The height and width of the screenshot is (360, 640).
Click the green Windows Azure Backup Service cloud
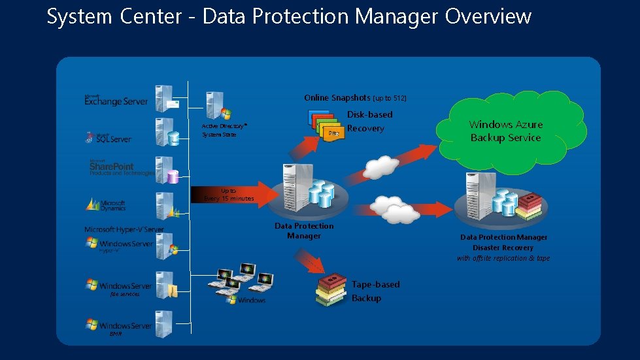505,131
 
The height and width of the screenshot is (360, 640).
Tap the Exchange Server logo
116,99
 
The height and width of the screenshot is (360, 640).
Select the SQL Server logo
109,137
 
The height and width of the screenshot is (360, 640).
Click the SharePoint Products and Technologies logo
121,168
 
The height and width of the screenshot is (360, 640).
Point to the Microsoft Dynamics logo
106,205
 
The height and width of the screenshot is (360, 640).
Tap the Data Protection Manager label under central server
304,231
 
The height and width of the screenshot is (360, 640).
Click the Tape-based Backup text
375,291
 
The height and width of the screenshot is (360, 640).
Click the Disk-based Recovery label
369,122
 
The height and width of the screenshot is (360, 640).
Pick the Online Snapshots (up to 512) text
355,98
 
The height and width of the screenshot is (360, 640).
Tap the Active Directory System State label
224,129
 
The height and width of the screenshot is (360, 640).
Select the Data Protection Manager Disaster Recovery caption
503,248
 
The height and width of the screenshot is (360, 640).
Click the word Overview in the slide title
488,16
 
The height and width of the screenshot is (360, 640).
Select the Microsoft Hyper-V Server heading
124,229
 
